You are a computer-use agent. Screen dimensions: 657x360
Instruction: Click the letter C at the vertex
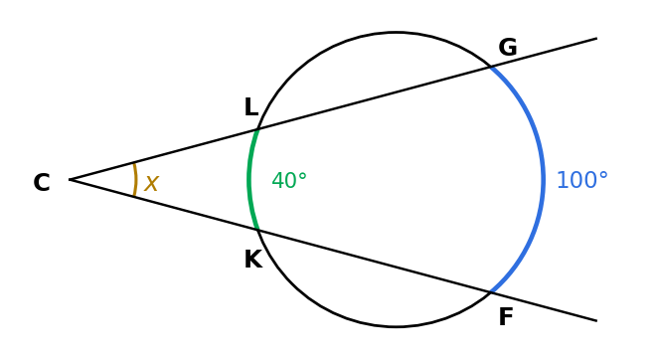(x=42, y=183)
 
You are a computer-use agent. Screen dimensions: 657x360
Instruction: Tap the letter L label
(x=251, y=107)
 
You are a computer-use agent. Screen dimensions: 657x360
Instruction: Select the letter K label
(x=253, y=259)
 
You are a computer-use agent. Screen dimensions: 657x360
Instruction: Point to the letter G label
(x=508, y=47)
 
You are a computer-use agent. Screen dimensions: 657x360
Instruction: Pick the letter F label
(x=506, y=317)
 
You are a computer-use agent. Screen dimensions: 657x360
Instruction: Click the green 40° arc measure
(x=289, y=181)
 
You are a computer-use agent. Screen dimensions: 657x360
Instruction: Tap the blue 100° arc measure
(x=582, y=180)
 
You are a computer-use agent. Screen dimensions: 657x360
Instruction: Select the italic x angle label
(x=151, y=184)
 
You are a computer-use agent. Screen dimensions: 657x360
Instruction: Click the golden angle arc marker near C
(x=135, y=179)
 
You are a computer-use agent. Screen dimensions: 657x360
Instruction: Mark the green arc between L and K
(x=248, y=179)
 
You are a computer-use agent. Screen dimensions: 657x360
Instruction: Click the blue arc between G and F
(x=544, y=179)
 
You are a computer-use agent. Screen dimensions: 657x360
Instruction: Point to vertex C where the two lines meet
(x=70, y=179)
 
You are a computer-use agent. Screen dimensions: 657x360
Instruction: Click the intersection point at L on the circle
(x=258, y=129)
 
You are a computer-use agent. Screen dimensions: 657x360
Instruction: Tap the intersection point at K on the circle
(x=258, y=230)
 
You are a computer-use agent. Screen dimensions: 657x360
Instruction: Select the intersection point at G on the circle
(x=491, y=67)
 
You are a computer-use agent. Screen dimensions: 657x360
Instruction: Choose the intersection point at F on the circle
(x=491, y=292)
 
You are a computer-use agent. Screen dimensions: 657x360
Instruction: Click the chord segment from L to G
(x=374, y=98)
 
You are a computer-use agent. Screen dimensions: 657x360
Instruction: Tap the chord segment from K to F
(x=374, y=261)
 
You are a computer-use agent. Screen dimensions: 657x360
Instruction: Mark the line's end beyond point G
(x=596, y=39)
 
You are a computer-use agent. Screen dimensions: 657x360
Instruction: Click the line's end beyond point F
(x=596, y=320)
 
